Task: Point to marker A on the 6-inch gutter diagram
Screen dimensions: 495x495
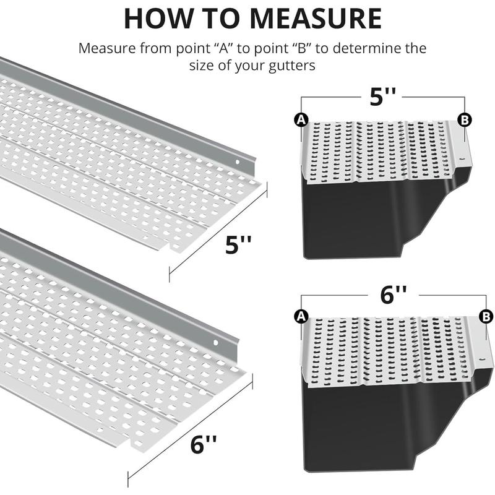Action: [x=302, y=316]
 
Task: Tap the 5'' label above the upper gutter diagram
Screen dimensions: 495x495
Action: [x=382, y=98]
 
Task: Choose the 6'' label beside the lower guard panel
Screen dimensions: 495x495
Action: [x=203, y=445]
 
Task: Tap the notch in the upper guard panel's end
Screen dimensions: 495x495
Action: [x=170, y=248]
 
